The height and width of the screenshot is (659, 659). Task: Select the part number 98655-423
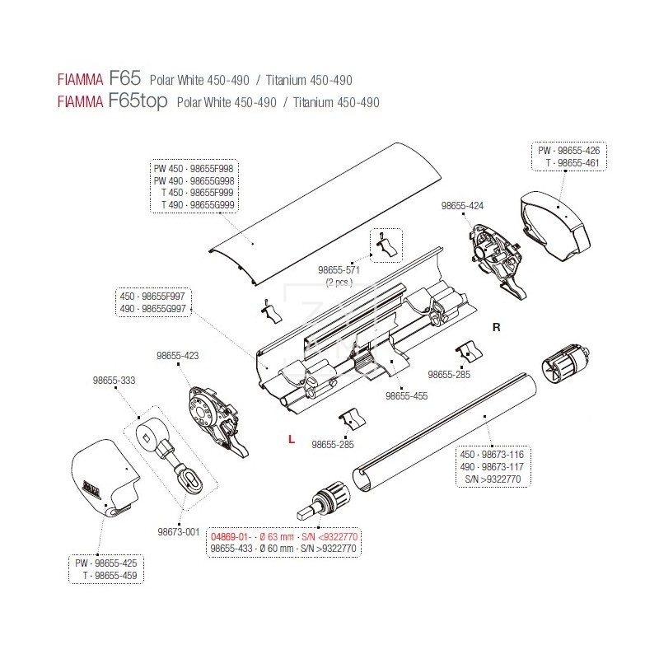tap(178, 356)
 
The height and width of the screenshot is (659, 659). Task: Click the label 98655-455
tap(406, 395)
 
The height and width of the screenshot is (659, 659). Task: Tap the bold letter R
tap(496, 326)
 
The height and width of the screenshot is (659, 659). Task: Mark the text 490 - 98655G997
tap(154, 309)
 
